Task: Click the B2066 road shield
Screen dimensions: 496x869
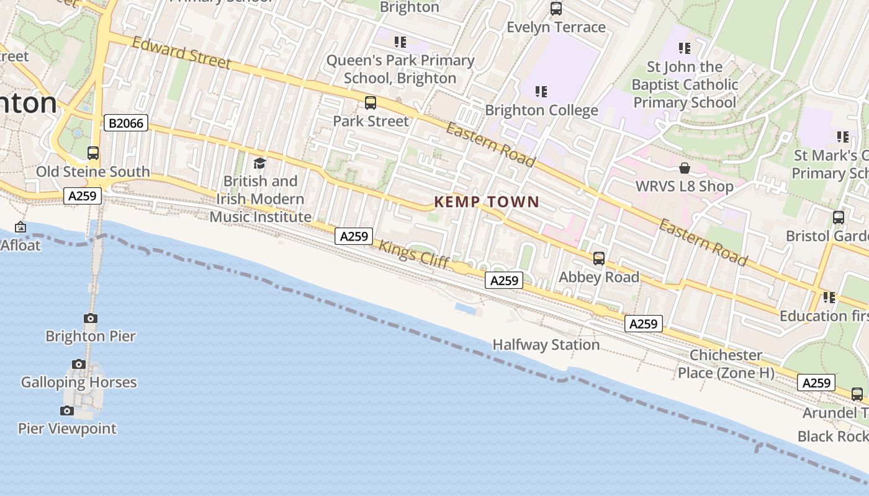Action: [x=126, y=123]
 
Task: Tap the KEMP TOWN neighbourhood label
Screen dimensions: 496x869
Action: [x=487, y=201]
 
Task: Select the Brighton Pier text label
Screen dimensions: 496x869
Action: [x=91, y=336]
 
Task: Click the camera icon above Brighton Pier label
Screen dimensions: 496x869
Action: [x=91, y=319]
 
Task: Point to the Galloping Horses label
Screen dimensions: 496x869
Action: [x=79, y=382]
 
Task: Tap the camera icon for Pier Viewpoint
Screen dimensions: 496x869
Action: [x=67, y=410]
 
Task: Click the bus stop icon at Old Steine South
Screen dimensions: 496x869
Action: [x=93, y=153]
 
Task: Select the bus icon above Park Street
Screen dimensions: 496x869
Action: [x=371, y=103]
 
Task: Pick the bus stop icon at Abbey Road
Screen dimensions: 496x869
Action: [x=599, y=259]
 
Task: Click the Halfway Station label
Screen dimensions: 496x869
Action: [x=546, y=345]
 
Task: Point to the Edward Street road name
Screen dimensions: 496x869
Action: [x=181, y=53]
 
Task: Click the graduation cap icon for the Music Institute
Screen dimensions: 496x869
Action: [x=260, y=163]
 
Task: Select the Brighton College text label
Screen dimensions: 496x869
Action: [x=541, y=110]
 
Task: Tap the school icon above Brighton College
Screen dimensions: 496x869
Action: [x=541, y=92]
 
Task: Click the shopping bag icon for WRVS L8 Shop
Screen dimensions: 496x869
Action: [x=685, y=168]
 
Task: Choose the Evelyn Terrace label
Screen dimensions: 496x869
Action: [x=556, y=27]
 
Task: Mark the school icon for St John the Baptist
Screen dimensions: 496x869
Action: [x=685, y=48]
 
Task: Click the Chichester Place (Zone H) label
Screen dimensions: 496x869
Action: [x=726, y=364]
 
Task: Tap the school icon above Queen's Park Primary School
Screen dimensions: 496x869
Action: [x=400, y=42]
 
